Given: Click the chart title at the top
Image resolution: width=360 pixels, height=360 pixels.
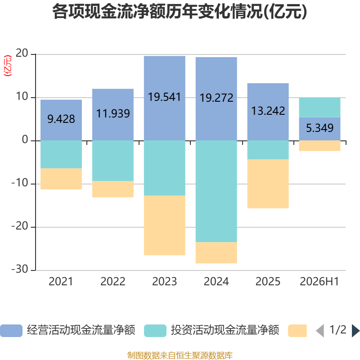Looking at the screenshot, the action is point(180,12).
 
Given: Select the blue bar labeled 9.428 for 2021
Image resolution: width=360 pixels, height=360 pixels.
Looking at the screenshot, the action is point(61,120).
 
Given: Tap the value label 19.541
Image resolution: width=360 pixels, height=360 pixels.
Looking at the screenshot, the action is point(164,97).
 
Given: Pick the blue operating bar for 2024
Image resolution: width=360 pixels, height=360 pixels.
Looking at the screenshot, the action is point(216,99).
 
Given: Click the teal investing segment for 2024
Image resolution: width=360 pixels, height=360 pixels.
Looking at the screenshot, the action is point(216,191).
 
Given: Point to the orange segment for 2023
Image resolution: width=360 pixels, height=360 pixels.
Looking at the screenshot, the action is point(165,225).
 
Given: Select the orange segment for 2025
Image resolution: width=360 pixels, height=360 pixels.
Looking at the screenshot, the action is point(268,184).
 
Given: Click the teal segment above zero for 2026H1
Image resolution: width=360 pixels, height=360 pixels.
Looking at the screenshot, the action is point(319,108).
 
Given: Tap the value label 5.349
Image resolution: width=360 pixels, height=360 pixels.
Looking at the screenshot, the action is point(319,128).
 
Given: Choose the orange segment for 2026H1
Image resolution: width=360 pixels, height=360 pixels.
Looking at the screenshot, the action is point(319,145).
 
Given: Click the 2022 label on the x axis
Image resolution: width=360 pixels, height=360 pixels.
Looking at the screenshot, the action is point(113,282).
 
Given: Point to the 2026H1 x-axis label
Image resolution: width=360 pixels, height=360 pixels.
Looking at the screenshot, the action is point(319,282).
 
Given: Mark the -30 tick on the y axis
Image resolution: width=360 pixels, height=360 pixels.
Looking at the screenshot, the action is point(20,269).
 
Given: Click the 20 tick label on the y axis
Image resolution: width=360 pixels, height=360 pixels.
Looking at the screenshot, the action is point(22,53).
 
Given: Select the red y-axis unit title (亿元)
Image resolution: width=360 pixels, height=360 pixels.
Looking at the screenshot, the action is point(8,66).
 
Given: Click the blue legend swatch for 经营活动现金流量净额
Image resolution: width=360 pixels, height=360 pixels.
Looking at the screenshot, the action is point(11,331).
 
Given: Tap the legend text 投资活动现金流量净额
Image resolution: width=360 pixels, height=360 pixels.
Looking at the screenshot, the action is point(225,330).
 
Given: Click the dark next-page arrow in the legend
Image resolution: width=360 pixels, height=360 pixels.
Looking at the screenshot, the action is point(355,331).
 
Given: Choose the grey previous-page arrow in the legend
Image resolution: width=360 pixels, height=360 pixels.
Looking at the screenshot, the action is point(320,331).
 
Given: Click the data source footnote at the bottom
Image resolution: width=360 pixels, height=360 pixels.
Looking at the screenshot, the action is point(180,355).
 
